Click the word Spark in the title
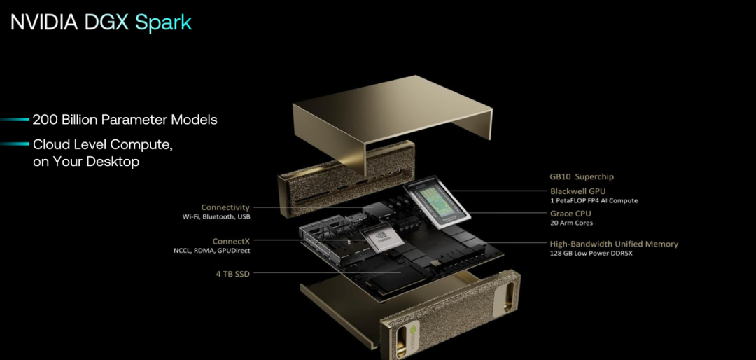pos(163,22)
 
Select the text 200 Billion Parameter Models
pos(125,120)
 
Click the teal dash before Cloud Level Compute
pos(15,144)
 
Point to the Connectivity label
pos(225,207)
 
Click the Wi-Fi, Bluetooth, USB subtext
pos(216,217)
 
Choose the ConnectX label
pos(232,241)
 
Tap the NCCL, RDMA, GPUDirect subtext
pos(212,251)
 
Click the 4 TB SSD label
pos(233,274)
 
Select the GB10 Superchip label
pos(582,176)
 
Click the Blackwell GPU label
pos(578,191)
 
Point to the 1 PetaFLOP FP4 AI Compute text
pos(594,201)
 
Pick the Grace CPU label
pos(571,214)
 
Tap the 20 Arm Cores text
pos(572,223)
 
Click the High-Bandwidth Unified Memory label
pos(615,244)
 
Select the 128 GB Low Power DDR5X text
pos(591,254)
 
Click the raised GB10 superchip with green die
pos(437,201)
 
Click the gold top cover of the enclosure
pos(393,116)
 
